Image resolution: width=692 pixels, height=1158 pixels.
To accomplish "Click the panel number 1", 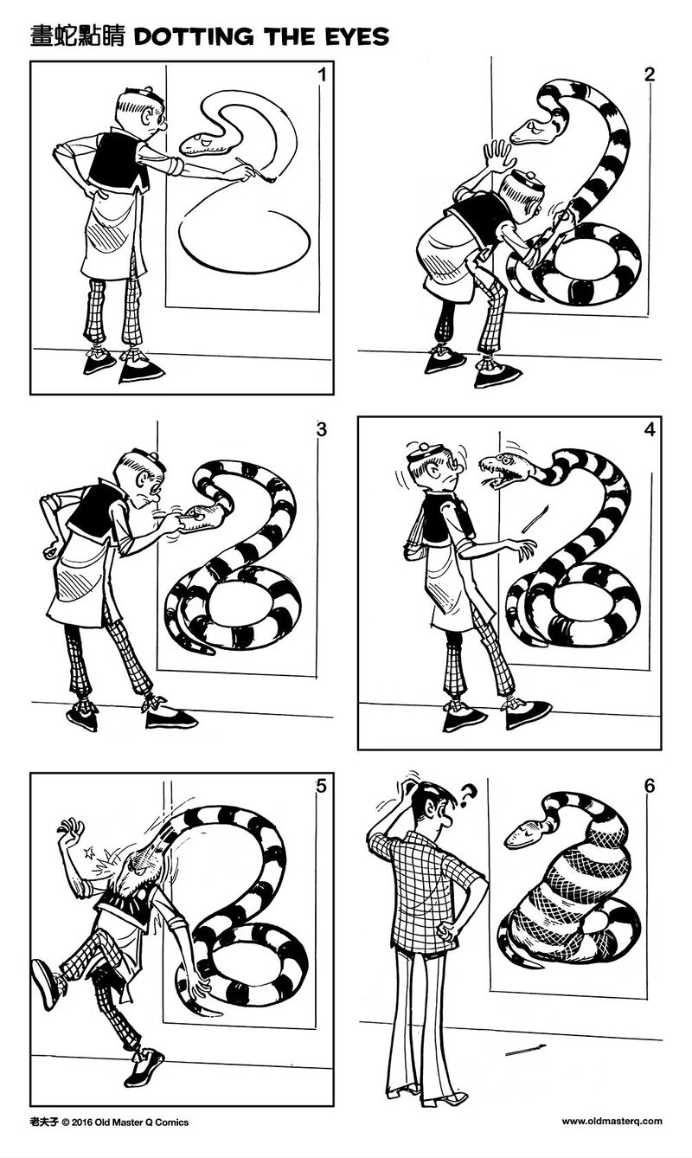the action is point(322,75).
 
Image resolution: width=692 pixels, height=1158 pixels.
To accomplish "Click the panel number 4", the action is point(650,430).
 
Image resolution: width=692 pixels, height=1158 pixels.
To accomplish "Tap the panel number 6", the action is point(650,787).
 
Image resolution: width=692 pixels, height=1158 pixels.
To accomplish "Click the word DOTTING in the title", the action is point(193,36).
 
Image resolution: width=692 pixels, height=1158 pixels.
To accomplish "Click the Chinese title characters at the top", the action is point(78,36).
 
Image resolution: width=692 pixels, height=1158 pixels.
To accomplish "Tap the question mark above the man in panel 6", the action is point(468,795).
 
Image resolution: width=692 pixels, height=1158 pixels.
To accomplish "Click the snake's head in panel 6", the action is point(523,833).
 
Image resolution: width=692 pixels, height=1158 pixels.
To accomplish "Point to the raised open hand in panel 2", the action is point(497,155).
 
